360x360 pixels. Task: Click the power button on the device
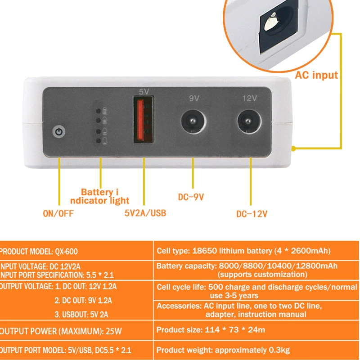tap(59, 132)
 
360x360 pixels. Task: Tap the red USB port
tap(144, 120)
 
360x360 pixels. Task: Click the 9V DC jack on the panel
tap(193, 121)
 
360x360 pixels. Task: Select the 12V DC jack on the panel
tap(249, 121)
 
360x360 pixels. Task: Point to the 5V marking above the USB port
tap(144, 92)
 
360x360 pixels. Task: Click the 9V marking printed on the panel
tap(194, 98)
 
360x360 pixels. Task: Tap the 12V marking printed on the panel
tap(250, 99)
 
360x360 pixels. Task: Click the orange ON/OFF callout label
tap(58, 213)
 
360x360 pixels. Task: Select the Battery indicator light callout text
tap(99, 196)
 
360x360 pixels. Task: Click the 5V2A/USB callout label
tap(145, 213)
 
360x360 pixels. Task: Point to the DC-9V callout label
tap(191, 197)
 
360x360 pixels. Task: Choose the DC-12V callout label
tap(252, 214)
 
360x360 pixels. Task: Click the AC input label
tap(316, 75)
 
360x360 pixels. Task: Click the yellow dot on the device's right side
tap(293, 148)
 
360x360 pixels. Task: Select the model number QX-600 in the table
tap(66, 252)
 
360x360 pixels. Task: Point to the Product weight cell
tap(223, 350)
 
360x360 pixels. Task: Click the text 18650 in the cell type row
tap(204, 251)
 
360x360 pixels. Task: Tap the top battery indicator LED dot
tap(98, 111)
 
